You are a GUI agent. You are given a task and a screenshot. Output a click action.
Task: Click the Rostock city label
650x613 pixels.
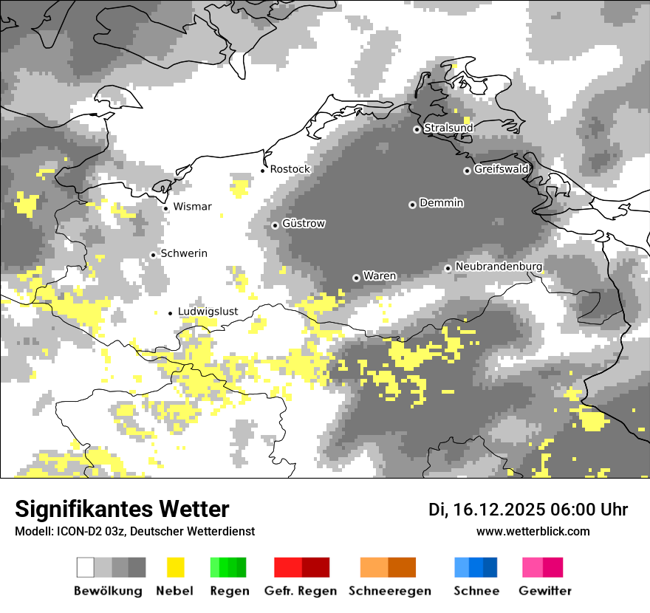290,169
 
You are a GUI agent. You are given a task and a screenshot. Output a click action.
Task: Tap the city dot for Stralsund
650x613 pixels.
417,129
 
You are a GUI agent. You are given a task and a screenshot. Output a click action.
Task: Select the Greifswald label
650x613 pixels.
501,169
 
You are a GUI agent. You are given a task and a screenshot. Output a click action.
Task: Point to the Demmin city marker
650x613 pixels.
412,205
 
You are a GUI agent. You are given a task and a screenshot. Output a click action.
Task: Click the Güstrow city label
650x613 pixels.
303,224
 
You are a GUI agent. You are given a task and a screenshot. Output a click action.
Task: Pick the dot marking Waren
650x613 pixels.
356,278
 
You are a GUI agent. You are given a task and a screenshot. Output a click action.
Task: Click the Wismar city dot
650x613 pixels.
165,208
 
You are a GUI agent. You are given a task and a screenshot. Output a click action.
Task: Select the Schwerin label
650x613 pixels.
183,253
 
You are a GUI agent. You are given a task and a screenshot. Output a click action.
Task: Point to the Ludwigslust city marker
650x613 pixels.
170,313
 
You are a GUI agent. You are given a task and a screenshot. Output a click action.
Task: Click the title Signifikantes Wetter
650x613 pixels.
122,509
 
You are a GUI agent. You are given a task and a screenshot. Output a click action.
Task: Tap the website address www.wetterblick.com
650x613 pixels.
533,531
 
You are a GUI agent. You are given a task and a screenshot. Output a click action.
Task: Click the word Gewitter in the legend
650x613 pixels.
545,591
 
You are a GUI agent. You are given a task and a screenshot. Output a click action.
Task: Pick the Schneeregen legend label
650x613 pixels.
390,591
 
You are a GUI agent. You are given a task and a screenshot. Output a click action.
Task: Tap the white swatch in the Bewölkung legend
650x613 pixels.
86,567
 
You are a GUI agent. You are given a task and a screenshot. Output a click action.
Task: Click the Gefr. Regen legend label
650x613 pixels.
301,591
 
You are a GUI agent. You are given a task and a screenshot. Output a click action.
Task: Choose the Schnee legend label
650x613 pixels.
476,591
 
